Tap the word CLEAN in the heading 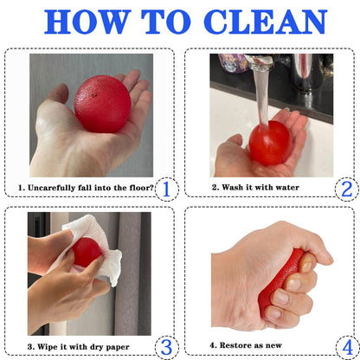point(266,22)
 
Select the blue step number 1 point(166,190)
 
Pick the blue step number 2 point(347,190)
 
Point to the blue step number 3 point(166,347)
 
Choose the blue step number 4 point(348,347)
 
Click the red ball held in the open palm point(103,104)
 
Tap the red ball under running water point(270,143)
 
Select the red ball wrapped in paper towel point(86,252)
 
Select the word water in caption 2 point(287,188)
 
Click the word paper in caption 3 point(118,347)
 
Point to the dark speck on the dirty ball point(93,94)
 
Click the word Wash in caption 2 point(232,188)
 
